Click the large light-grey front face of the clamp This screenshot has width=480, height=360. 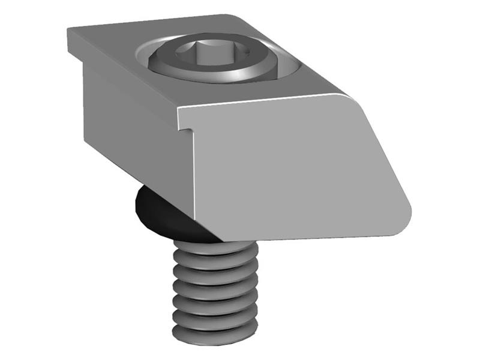(288, 168)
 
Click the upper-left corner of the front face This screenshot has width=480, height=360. (181, 110)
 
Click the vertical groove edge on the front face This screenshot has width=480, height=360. (194, 180)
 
